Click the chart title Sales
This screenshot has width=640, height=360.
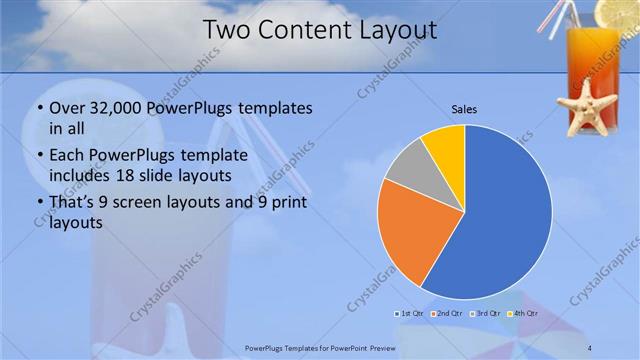464,108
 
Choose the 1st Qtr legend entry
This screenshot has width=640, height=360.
413,314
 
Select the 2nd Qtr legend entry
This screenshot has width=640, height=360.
447,314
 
